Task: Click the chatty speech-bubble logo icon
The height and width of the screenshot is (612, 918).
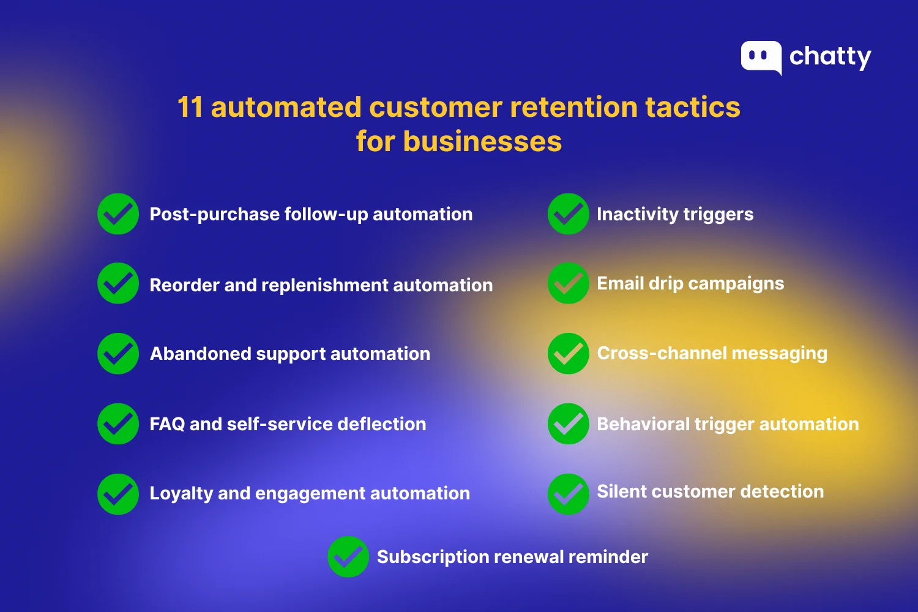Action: coord(761,57)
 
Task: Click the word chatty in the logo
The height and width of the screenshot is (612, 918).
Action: coord(830,57)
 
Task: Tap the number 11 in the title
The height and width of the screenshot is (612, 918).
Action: coord(190,107)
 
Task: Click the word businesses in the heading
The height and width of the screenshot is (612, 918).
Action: coord(482,141)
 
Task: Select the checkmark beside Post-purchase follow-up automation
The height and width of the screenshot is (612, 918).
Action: coord(118,214)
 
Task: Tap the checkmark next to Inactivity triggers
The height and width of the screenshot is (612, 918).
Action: coord(568,214)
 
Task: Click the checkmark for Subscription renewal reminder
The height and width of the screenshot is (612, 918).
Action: coord(348,557)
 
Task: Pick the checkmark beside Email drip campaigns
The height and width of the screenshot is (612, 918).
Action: coord(568,283)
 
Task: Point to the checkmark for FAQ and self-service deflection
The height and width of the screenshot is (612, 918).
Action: coord(118,424)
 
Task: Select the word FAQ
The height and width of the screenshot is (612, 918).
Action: coord(167,424)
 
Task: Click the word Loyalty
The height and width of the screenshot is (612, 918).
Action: coord(181,493)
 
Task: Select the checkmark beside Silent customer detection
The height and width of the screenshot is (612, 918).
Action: coord(568,494)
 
